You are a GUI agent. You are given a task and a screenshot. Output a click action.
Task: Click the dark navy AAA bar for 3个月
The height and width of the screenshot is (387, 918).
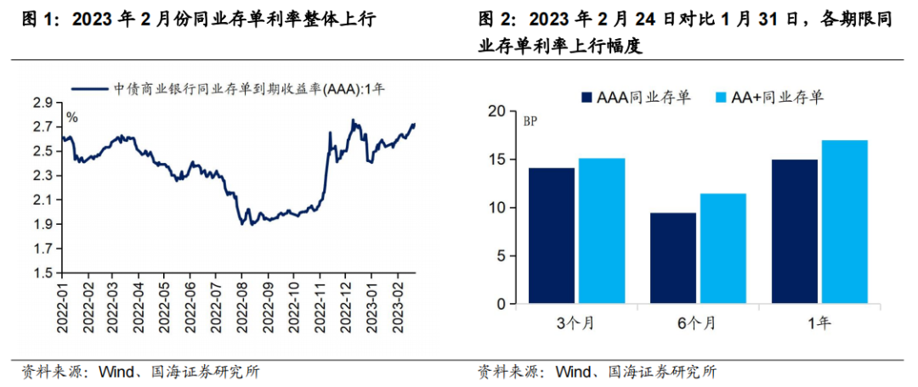coord(552,235)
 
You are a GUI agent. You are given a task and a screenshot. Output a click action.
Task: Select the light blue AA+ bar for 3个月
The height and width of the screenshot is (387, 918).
coord(602,231)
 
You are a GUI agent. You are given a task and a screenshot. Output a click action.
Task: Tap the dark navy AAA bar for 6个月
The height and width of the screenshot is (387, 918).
coord(672,258)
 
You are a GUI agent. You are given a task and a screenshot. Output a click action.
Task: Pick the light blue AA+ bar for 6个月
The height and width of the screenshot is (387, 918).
coord(722,248)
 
